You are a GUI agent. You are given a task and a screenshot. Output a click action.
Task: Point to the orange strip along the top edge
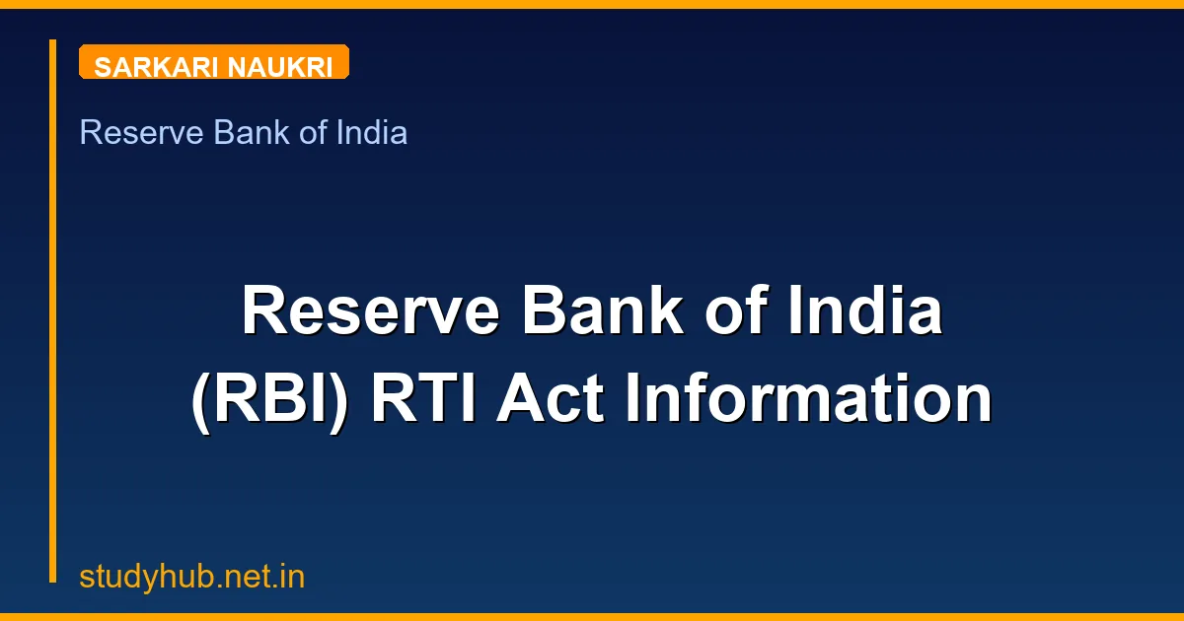[592, 4]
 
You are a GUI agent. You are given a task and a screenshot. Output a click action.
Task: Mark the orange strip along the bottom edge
[592, 617]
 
